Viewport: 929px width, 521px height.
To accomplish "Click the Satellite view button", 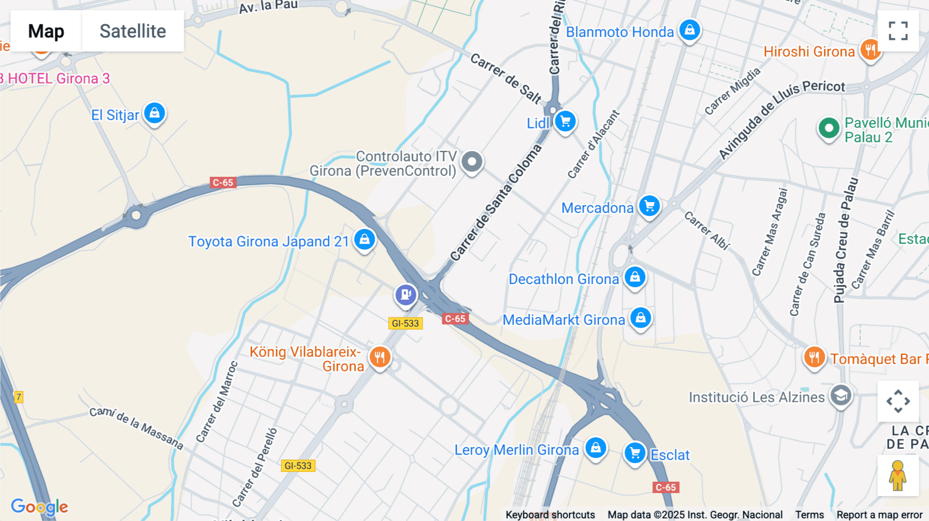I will click(x=133, y=31).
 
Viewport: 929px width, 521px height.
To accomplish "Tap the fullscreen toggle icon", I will click(x=898, y=31).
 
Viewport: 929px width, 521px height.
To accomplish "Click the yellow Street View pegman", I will click(x=898, y=475).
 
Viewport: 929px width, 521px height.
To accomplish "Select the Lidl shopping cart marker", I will click(x=565, y=122).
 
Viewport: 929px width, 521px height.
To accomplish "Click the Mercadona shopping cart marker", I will click(x=649, y=206).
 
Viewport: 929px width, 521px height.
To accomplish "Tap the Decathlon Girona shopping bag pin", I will click(x=635, y=277).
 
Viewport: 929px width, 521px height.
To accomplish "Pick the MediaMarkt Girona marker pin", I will click(x=640, y=318).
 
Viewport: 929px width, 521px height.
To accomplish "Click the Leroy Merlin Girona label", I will click(x=517, y=450).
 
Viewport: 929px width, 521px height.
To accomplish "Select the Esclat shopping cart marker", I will click(x=635, y=453).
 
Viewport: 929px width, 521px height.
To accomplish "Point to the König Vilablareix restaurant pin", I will click(x=380, y=357).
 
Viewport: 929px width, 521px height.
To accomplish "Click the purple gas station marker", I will click(x=406, y=295).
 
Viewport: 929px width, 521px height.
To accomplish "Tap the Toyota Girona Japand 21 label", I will click(x=268, y=241).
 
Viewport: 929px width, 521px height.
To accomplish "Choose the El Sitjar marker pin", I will click(x=154, y=113).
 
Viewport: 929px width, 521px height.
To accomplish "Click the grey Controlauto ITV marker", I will click(x=472, y=162).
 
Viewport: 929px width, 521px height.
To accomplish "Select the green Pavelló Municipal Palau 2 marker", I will click(x=829, y=127).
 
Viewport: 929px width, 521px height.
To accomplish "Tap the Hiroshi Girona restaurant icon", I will click(x=871, y=50).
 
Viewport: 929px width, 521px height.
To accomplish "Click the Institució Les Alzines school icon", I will click(x=841, y=396).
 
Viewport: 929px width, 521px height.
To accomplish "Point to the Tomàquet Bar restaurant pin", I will click(x=814, y=357).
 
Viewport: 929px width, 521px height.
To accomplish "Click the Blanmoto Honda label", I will click(x=620, y=32).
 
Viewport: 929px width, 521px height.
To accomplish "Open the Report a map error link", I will click(x=879, y=515).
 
